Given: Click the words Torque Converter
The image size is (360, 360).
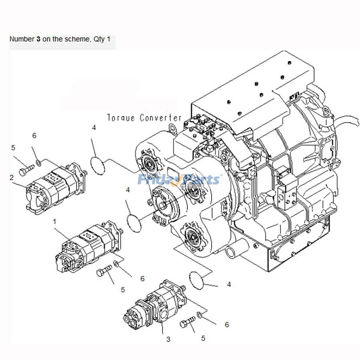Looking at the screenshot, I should [144, 118].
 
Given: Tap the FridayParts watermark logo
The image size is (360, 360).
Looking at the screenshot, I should [179, 179].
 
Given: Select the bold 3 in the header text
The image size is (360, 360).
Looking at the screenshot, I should [38, 40].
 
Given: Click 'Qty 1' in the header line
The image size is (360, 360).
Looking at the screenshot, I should [102, 40].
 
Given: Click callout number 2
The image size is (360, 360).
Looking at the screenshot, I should [12, 177].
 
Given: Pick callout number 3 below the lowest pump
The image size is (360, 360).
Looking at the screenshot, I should [168, 339].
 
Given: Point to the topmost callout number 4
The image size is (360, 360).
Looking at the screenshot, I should [94, 128].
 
